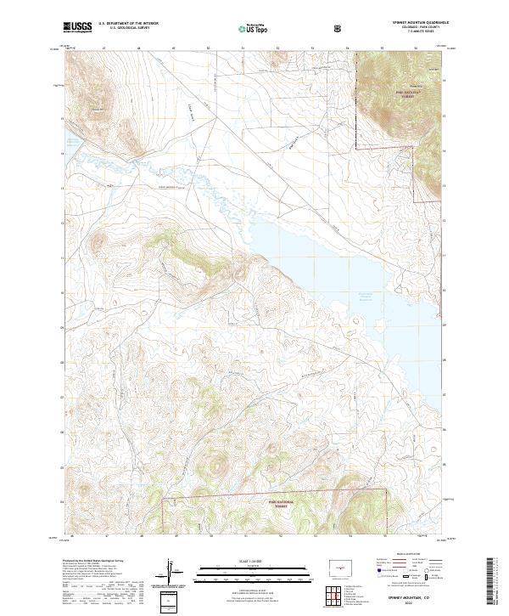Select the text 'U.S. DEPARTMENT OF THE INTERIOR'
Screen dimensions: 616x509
coord(128,24)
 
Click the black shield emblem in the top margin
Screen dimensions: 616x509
coord(339,28)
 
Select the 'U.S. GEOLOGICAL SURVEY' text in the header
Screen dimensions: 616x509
coord(124,29)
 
